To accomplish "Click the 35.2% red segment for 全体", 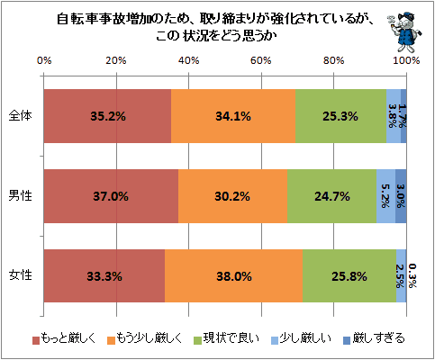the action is pyautogui.click(x=107, y=116).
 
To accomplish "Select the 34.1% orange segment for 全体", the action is pyautogui.click(x=233, y=116).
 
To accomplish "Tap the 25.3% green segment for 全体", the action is pyautogui.click(x=340, y=116).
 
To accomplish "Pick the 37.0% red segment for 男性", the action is pyautogui.click(x=111, y=196).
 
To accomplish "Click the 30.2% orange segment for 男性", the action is pyautogui.click(x=232, y=196).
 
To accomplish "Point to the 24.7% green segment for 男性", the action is pyautogui.click(x=332, y=196).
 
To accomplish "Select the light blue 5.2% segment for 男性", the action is pyautogui.click(x=386, y=196).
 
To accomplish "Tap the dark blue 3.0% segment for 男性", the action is pyautogui.click(x=401, y=196).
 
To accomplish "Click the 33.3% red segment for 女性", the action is pyautogui.click(x=104, y=276).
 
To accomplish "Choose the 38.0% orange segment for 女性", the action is pyautogui.click(x=233, y=276).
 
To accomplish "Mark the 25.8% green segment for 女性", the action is pyautogui.click(x=349, y=276).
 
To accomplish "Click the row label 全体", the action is pyautogui.click(x=20, y=116).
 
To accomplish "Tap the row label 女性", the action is pyautogui.click(x=20, y=275).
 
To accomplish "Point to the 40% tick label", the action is pyautogui.click(x=188, y=60).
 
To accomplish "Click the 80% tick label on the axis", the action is pyautogui.click(x=333, y=60).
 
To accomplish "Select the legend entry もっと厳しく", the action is pyautogui.click(x=64, y=338).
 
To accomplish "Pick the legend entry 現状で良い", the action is pyautogui.click(x=226, y=338).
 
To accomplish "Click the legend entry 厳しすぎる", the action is pyautogui.click(x=374, y=338).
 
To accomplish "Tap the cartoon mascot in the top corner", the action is pyautogui.click(x=405, y=32).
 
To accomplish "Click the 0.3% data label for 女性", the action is pyautogui.click(x=412, y=275).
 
